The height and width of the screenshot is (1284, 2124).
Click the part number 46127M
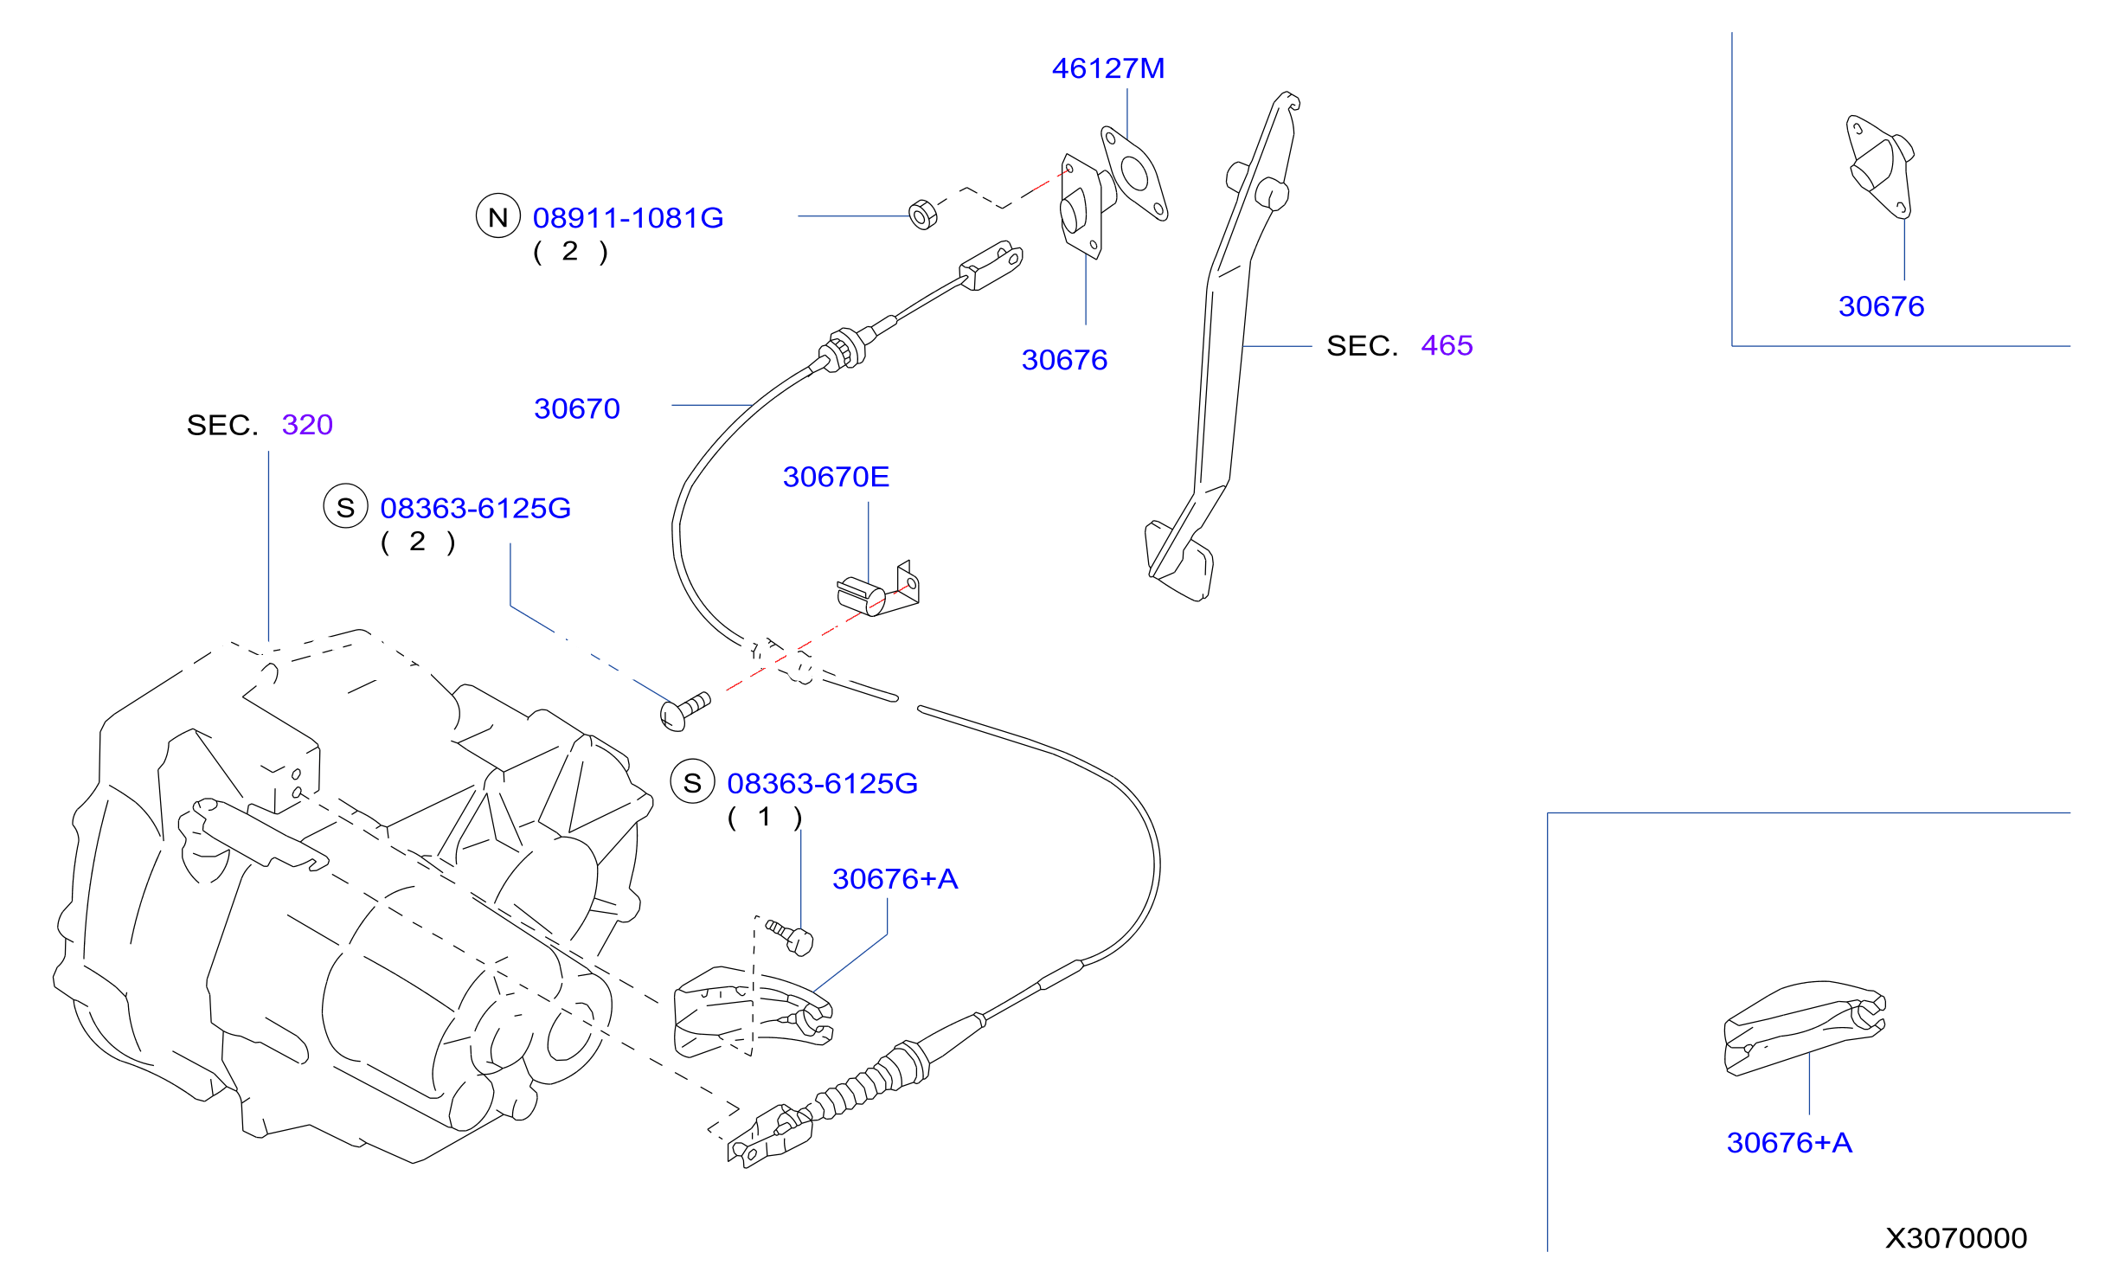click(1108, 68)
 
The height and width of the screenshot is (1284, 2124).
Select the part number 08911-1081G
click(628, 218)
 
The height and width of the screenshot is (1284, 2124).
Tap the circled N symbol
click(498, 216)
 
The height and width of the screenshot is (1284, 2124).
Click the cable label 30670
click(577, 408)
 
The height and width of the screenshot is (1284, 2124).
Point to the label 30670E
click(836, 477)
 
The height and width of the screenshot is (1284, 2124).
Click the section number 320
click(307, 425)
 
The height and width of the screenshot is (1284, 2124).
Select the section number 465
click(1447, 345)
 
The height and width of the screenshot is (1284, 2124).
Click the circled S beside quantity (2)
click(346, 507)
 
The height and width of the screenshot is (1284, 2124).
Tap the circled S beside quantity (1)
click(693, 782)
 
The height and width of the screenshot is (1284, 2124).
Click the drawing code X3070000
click(1956, 1238)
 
